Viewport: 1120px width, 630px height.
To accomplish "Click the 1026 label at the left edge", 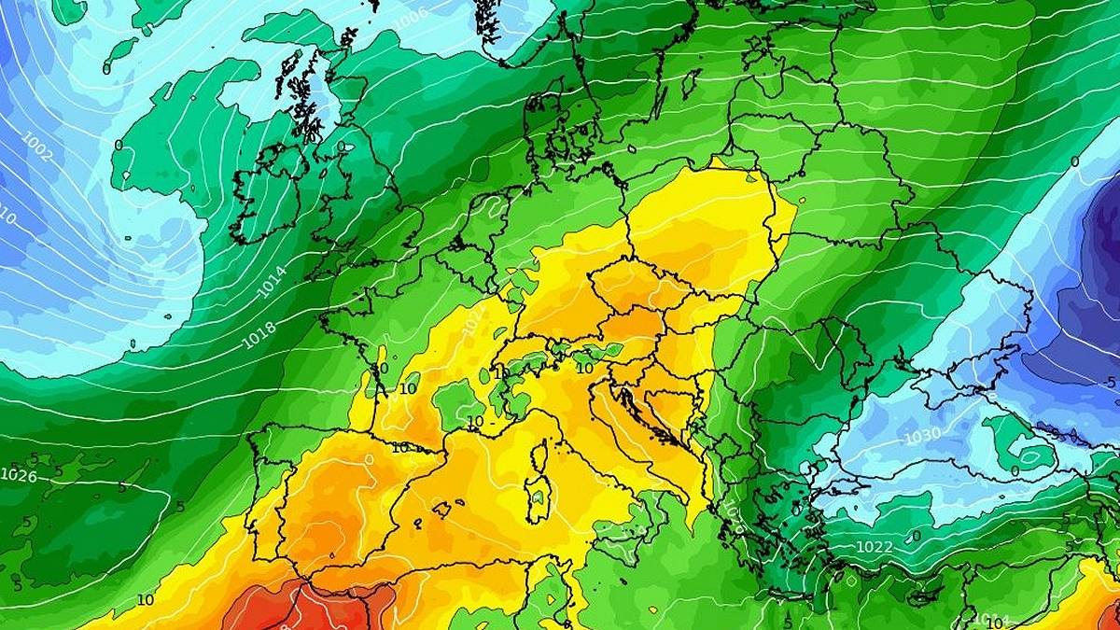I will click(19, 475).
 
